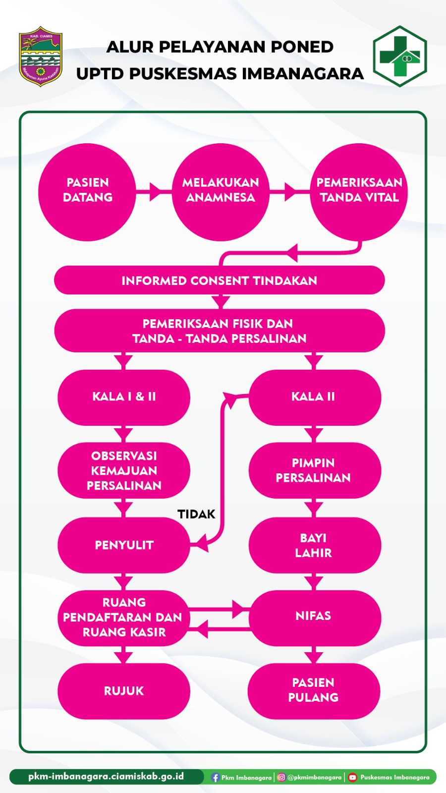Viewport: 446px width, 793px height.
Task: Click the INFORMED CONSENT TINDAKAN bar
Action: tap(219, 281)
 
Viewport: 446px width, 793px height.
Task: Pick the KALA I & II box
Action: tap(124, 397)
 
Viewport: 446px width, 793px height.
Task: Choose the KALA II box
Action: tap(314, 397)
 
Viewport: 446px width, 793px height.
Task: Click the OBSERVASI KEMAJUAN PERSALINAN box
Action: tap(124, 470)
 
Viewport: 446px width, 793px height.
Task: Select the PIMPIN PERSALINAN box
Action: tap(314, 470)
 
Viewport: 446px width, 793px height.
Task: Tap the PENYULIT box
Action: tap(124, 545)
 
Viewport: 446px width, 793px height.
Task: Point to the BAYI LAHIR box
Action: tap(314, 545)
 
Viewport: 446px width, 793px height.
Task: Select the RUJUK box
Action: tap(124, 691)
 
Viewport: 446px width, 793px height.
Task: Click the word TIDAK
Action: tap(196, 514)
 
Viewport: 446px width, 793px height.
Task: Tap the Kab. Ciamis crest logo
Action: tap(41, 57)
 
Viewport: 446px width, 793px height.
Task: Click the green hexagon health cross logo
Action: tap(399, 57)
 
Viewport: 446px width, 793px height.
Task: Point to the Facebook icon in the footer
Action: tap(215, 777)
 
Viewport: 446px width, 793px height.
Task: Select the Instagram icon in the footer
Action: tap(281, 777)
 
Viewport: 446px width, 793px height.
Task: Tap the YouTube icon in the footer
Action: tap(352, 777)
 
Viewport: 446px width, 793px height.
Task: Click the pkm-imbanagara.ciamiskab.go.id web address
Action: tap(106, 776)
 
